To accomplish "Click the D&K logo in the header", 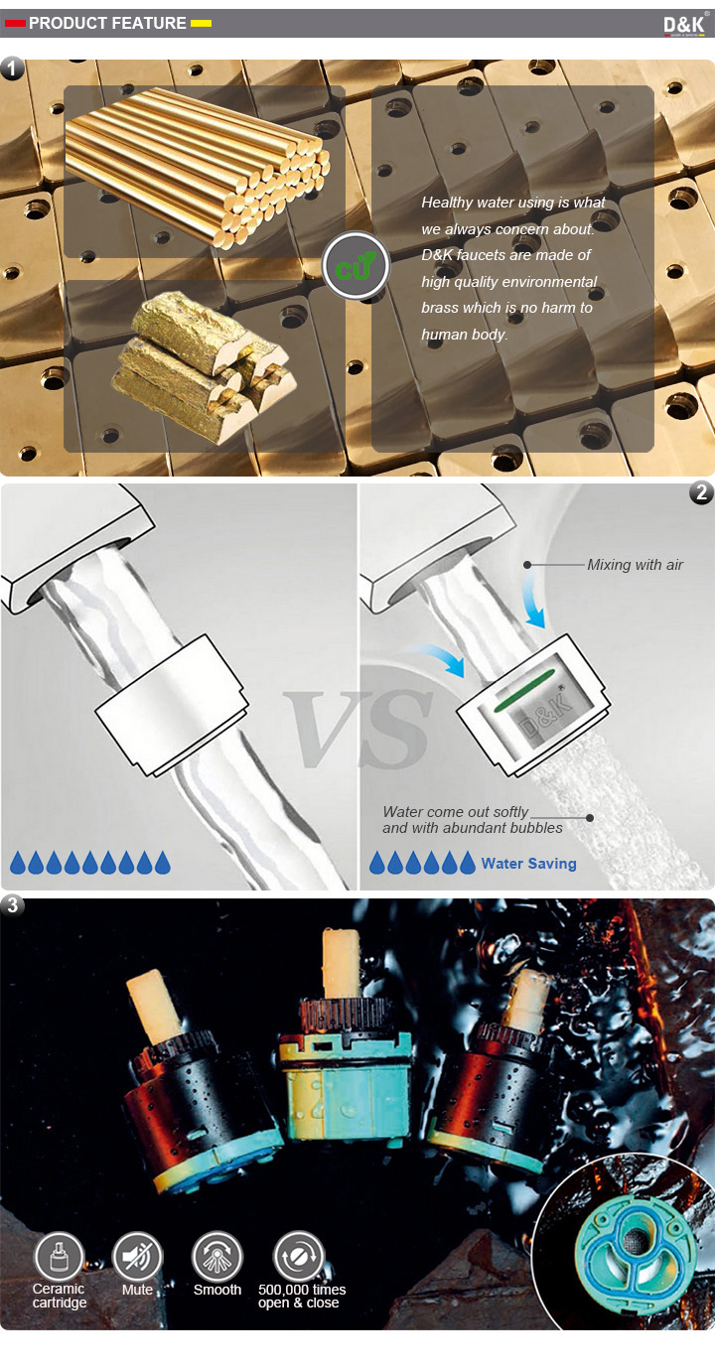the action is pos(684,25).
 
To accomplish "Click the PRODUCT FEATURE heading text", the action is pos(107,23).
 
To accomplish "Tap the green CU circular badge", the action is pos(356,266).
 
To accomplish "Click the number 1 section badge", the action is pos(12,68).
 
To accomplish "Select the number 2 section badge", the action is pos(701,492).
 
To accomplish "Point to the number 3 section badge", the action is pos(12,905).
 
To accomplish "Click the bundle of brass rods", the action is pos(197,167).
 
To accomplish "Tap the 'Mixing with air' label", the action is pos(635,565).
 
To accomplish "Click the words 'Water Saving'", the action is pos(529,864).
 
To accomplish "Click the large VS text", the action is pos(358,729).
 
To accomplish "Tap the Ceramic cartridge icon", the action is pos(59,1257).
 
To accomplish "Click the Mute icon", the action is pos(137,1257).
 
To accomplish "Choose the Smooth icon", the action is pos(217,1257).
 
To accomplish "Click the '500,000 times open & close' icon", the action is pos(298,1257).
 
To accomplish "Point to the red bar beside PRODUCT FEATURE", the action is pos(15,23).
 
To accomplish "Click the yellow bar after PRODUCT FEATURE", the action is pos(201,23).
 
